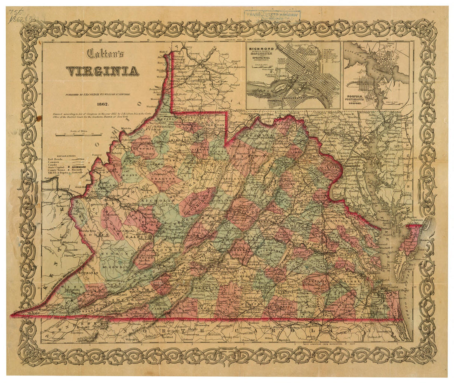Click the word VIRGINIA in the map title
pos(102,71)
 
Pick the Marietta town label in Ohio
pos(126,128)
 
